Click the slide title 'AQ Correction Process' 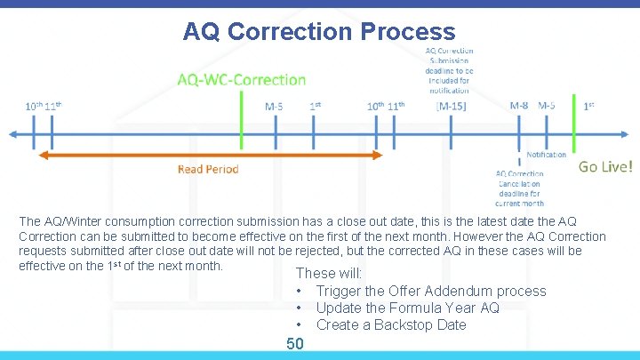319,32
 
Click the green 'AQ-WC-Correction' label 241,80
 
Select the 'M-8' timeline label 519,105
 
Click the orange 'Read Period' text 208,169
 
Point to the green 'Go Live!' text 606,166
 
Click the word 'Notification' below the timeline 546,154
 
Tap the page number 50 295,344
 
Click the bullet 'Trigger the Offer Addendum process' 431,291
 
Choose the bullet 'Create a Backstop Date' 391,324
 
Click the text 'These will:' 328,273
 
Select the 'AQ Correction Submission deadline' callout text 451,69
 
